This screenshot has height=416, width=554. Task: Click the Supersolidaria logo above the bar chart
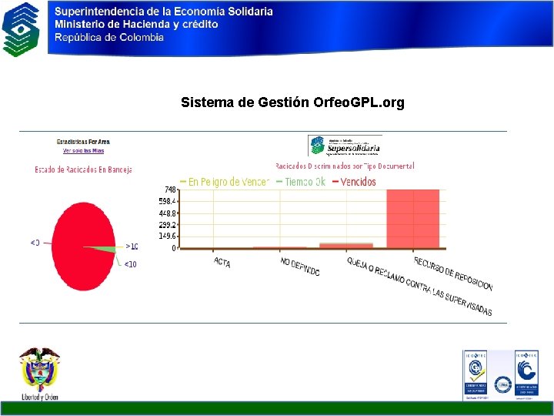click(x=345, y=146)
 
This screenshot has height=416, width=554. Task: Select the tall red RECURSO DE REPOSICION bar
click(x=413, y=219)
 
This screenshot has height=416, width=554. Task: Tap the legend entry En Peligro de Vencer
click(x=224, y=182)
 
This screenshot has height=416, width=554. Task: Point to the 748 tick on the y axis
click(x=170, y=190)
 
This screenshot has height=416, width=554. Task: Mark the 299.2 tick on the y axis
click(x=168, y=225)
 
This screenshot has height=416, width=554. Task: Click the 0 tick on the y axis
click(x=174, y=248)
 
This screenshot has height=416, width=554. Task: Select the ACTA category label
click(x=222, y=263)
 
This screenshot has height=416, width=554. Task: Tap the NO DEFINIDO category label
click(x=299, y=267)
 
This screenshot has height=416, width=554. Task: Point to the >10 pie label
click(x=132, y=247)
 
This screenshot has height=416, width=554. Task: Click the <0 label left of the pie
click(x=35, y=243)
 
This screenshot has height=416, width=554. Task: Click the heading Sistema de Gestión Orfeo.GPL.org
click(x=292, y=102)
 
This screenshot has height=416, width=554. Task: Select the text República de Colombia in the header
click(x=108, y=37)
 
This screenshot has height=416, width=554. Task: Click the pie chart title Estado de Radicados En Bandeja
click(x=83, y=169)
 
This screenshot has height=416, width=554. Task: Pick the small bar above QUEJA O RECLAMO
click(x=346, y=246)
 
